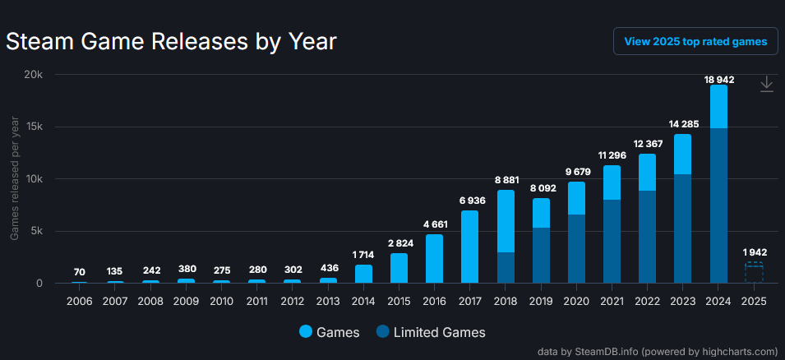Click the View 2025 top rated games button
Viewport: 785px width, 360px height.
point(695,41)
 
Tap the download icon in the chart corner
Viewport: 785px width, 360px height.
point(766,84)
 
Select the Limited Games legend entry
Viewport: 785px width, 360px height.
point(431,332)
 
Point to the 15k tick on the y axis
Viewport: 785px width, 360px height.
point(31,127)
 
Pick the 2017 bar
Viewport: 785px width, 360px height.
point(469,247)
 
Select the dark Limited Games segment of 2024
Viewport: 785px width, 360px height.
point(718,205)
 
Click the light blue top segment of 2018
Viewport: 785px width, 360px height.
point(506,220)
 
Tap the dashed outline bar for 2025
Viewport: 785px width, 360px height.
point(754,273)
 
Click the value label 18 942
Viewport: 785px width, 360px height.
point(718,79)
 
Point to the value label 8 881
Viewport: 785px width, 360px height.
point(506,179)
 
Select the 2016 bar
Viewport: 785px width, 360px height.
point(434,258)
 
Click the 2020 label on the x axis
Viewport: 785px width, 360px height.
point(576,301)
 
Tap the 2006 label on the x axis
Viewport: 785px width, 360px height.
point(80,301)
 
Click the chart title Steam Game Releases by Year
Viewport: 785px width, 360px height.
point(172,41)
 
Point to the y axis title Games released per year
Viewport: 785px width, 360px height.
point(15,178)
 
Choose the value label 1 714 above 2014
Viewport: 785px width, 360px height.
point(363,254)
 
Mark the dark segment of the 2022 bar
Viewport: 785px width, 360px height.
point(647,237)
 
